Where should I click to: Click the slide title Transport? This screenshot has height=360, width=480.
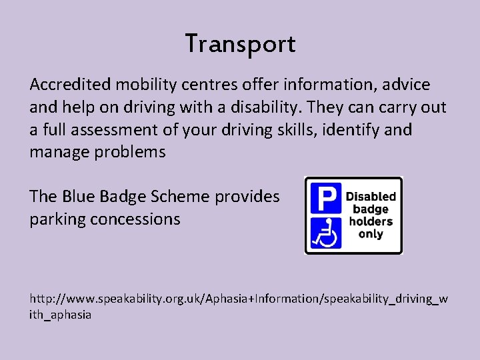click(240, 45)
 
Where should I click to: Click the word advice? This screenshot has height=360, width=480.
click(406, 85)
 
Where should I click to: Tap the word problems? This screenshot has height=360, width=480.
click(132, 152)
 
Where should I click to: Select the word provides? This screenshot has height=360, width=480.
click(247, 197)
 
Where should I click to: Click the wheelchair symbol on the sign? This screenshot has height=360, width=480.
click(324, 233)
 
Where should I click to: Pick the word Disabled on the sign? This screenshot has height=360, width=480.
click(371, 197)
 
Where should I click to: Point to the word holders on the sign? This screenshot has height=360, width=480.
click(370, 222)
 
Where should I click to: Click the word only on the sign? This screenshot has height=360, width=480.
click(371, 235)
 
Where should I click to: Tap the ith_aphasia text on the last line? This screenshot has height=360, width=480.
click(61, 314)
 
